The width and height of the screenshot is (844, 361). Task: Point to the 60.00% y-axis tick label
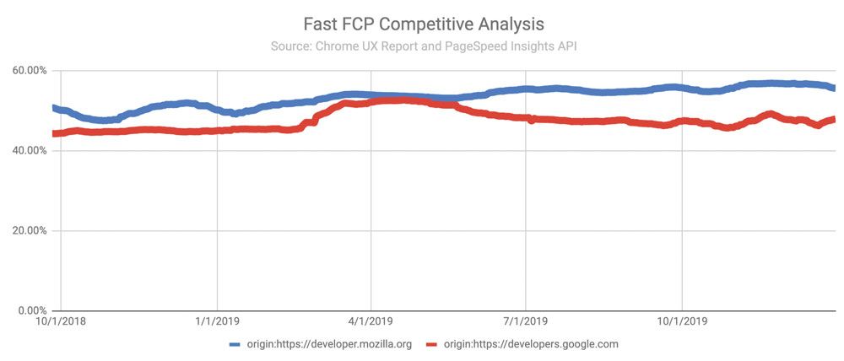point(27,71)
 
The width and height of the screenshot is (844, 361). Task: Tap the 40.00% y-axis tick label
point(27,151)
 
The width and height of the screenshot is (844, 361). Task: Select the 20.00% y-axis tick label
point(27,231)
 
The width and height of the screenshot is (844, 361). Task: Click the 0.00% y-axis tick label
point(30,311)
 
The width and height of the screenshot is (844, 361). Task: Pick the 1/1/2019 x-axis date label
point(217,321)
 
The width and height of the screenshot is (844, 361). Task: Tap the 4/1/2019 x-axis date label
point(371,321)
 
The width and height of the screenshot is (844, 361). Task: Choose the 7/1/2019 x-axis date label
point(526,321)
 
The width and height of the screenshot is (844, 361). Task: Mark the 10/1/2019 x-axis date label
point(682,321)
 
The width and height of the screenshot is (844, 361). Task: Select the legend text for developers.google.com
point(531,344)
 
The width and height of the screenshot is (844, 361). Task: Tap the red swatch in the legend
point(434,344)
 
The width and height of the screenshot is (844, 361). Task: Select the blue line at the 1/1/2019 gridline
point(218,110)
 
